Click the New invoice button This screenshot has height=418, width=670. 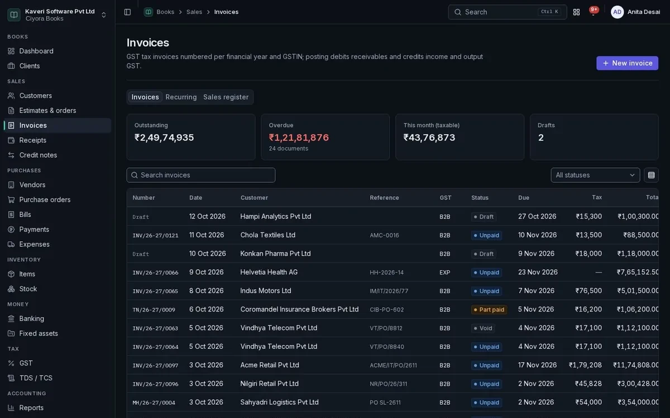[x=627, y=63]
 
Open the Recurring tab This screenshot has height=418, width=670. [x=181, y=97]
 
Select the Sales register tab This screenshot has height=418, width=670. [x=226, y=97]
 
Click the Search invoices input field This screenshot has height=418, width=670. [x=200, y=175]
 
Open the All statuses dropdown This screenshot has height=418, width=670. [x=595, y=175]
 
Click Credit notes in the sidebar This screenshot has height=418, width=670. [x=38, y=155]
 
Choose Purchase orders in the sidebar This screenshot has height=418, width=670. [x=45, y=200]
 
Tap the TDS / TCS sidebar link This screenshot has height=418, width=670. [x=36, y=378]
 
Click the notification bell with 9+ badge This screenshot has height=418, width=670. [x=593, y=12]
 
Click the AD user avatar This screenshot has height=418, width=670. [x=617, y=12]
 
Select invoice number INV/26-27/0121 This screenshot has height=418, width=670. [x=155, y=235]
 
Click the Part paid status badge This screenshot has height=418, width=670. [x=489, y=310]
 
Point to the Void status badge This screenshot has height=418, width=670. [x=483, y=328]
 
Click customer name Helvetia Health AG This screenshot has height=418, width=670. [x=269, y=272]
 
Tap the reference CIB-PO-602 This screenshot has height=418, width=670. [x=386, y=310]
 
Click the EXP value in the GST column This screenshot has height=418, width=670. [x=444, y=273]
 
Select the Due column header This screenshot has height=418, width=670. [x=524, y=198]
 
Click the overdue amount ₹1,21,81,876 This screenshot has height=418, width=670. [x=299, y=137]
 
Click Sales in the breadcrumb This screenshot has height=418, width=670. [x=194, y=12]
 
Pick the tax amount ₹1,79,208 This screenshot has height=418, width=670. [x=585, y=365]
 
